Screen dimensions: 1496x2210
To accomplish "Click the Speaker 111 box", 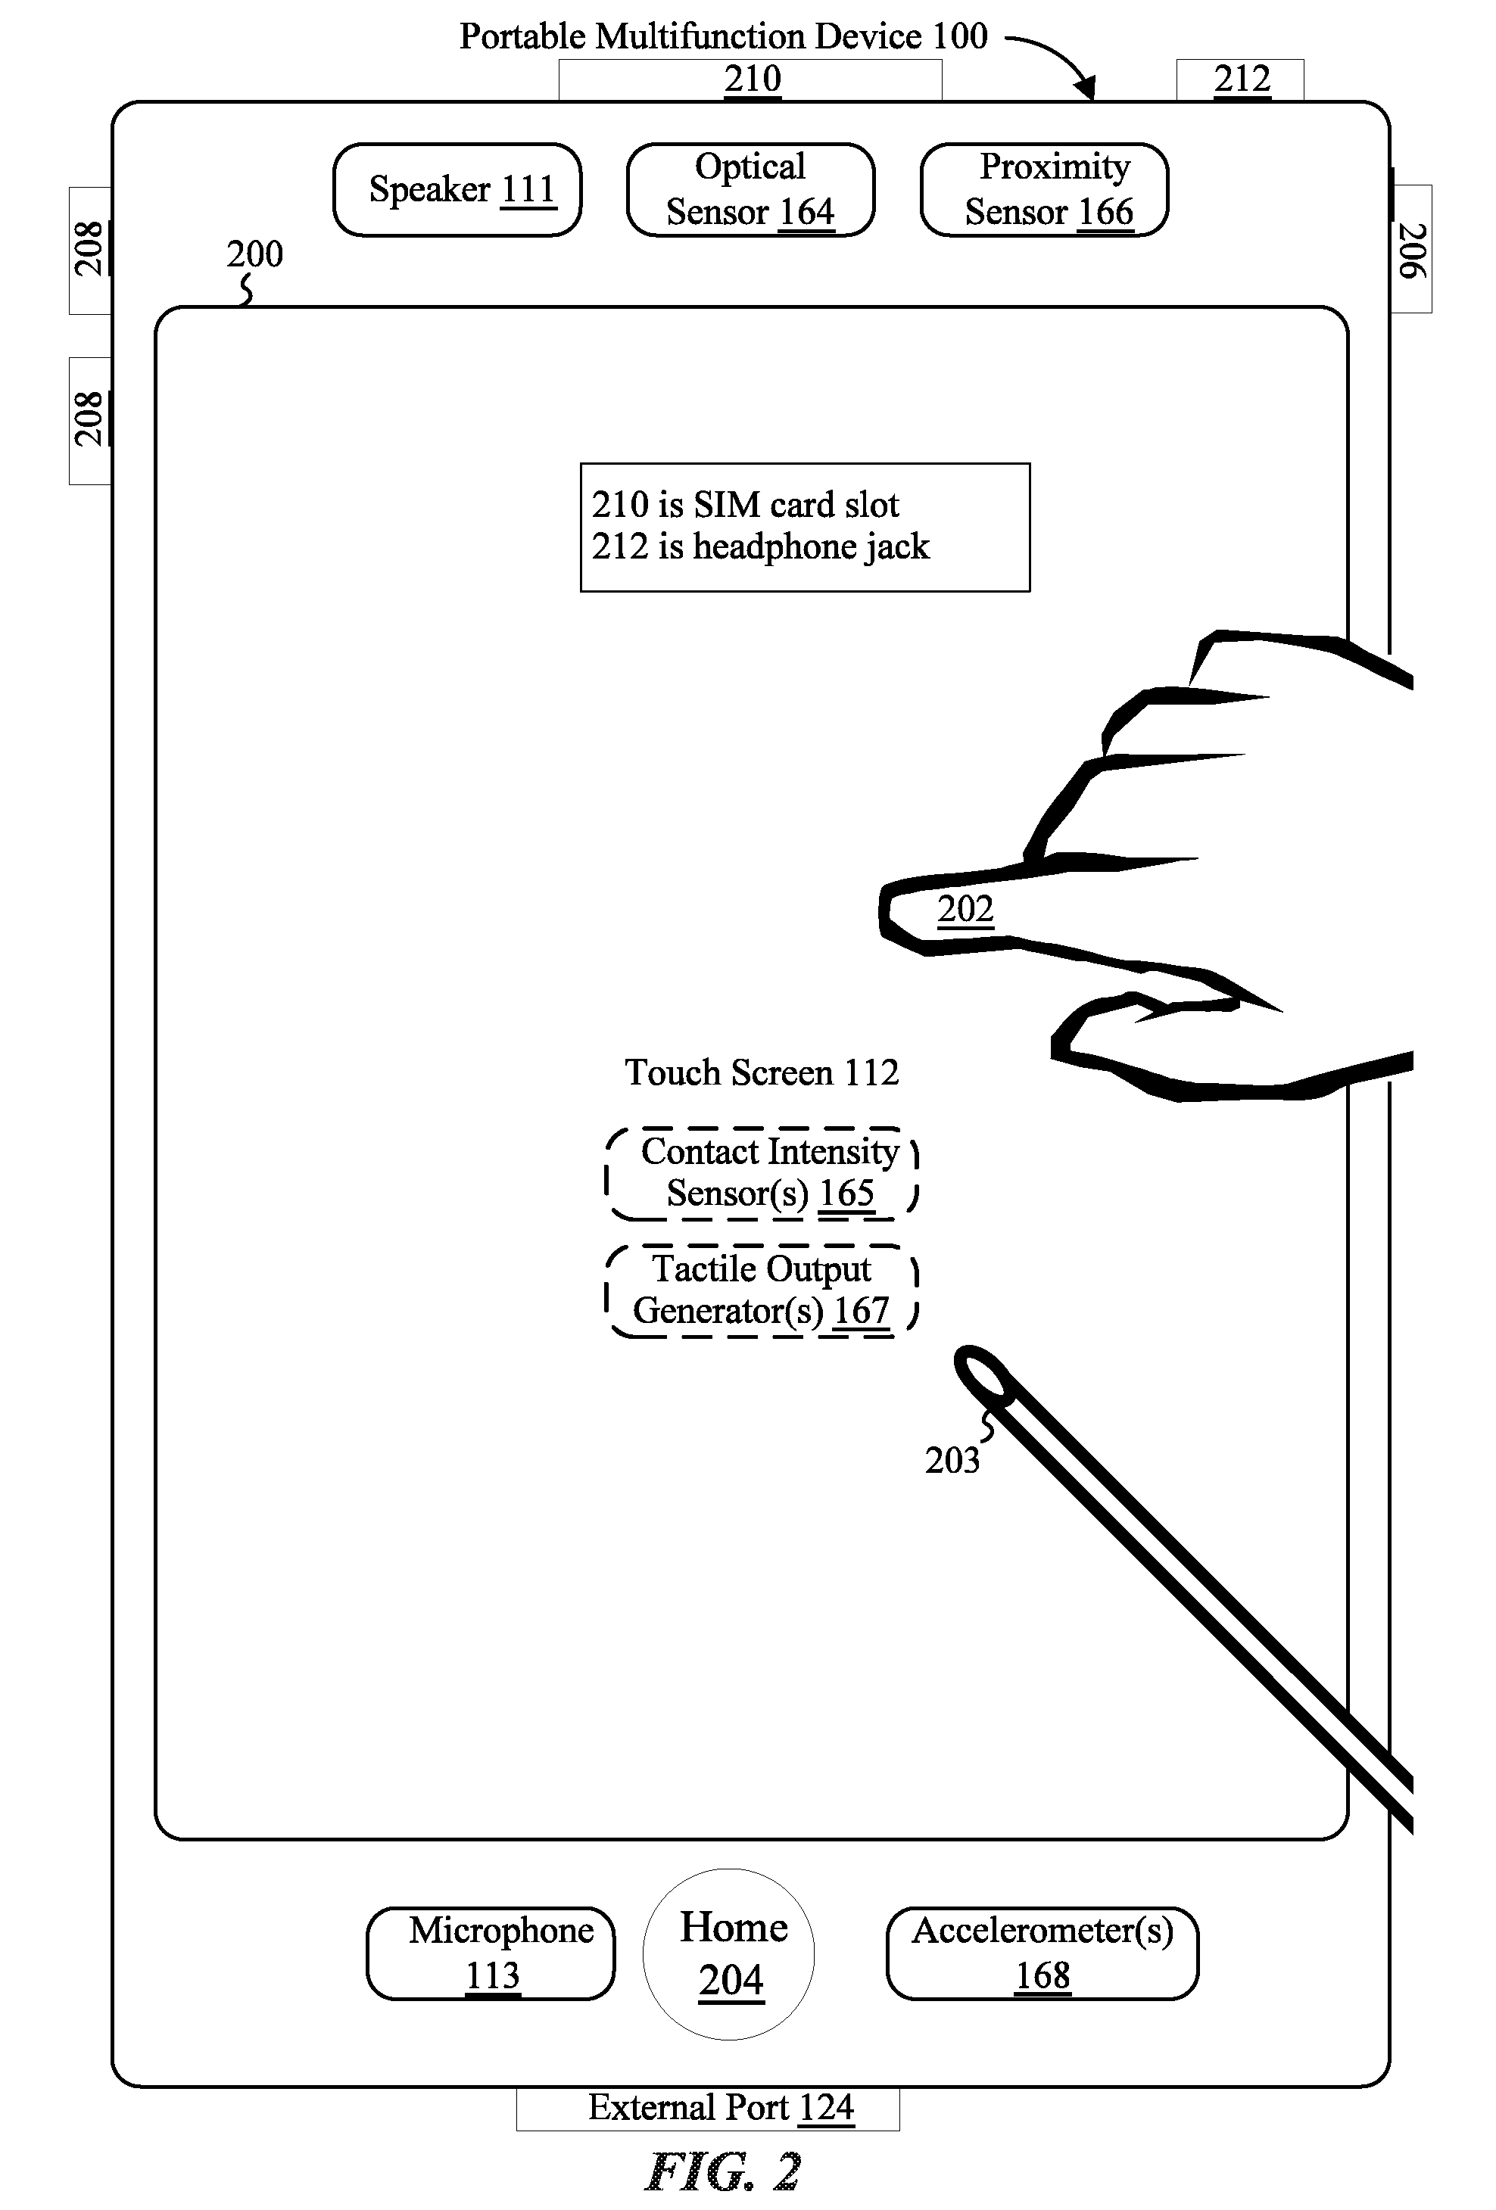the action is [x=457, y=190].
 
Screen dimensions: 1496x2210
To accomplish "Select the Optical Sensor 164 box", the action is [x=750, y=190].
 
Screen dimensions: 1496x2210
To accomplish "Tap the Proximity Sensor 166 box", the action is [x=1044, y=190].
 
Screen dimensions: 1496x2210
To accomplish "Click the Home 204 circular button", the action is [x=728, y=1955].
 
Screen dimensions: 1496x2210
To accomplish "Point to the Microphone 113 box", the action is [x=491, y=1954].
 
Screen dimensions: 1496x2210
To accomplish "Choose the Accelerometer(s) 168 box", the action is [x=1043, y=1954].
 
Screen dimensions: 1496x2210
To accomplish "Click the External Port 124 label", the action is [x=721, y=2107].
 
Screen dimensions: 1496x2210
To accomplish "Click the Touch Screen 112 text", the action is [x=762, y=1072].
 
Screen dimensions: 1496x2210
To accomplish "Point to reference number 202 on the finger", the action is [x=965, y=909].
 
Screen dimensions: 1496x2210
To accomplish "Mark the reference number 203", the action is [x=952, y=1460].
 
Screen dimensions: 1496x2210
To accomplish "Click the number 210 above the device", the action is [x=753, y=78].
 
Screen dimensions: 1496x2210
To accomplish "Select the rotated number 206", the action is [x=1412, y=250].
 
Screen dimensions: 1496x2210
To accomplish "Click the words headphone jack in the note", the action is [x=812, y=546].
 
